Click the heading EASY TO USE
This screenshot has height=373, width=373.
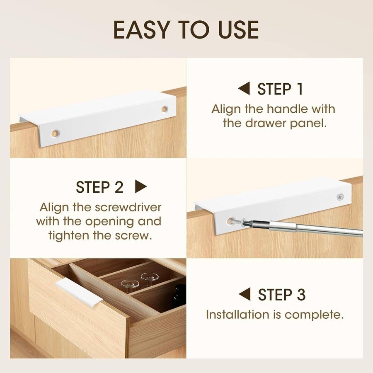[x=186, y=30]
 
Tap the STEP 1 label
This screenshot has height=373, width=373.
[x=280, y=89]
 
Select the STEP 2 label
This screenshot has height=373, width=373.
[x=99, y=187]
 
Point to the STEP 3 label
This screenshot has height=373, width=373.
[x=282, y=295]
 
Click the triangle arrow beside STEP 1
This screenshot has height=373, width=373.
[x=244, y=89]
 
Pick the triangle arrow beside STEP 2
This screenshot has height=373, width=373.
[x=141, y=186]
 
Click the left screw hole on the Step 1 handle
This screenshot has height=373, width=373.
[x=55, y=133]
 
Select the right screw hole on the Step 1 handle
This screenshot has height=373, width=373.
[x=165, y=109]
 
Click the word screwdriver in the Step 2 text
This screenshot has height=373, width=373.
[x=128, y=208]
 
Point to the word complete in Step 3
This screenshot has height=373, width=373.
[x=314, y=315]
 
